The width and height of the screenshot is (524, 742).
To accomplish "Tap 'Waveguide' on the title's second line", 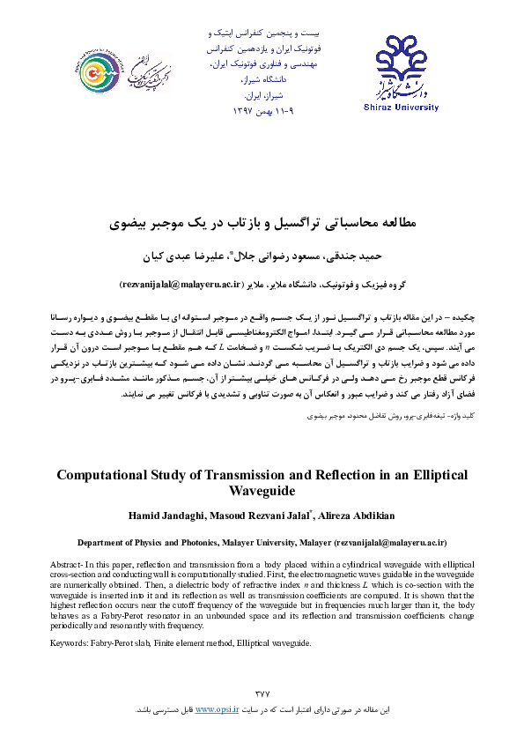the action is click(262, 492).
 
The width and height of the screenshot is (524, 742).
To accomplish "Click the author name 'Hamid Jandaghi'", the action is click(162, 515).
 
